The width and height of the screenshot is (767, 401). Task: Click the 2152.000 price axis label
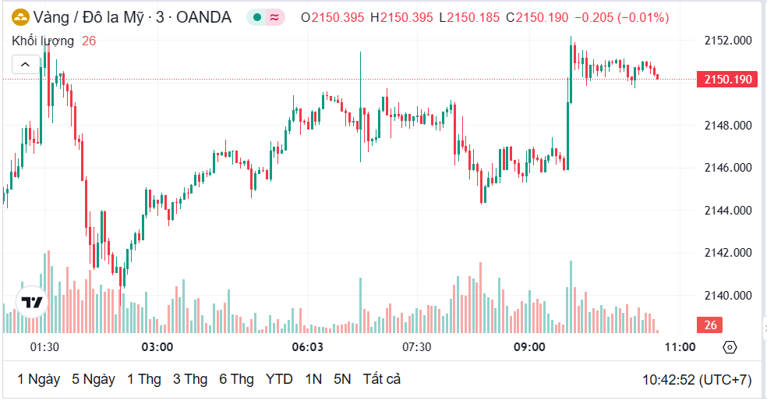click(x=728, y=41)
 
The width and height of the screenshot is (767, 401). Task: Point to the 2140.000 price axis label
click(x=728, y=296)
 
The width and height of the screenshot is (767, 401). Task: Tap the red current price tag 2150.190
click(x=727, y=79)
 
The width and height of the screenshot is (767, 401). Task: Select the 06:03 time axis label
click(x=307, y=346)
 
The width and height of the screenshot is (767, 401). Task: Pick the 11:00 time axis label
click(x=680, y=346)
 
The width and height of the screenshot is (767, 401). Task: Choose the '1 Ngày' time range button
click(x=39, y=379)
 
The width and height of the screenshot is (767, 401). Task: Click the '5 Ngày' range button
click(x=94, y=379)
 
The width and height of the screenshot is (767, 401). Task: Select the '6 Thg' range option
click(x=236, y=379)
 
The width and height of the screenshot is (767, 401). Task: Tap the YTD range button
click(x=279, y=379)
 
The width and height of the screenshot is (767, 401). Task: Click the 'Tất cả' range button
click(x=381, y=379)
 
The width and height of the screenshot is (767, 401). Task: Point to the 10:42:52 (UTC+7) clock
click(x=696, y=380)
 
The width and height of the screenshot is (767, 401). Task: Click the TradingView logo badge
click(x=32, y=302)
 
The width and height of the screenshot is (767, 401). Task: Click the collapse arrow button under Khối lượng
click(x=25, y=65)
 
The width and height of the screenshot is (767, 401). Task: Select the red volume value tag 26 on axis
click(x=710, y=325)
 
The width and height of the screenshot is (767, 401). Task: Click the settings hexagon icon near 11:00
click(x=730, y=347)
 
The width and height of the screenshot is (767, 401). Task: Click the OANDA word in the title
click(x=204, y=17)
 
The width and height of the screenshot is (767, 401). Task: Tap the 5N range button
click(x=342, y=379)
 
